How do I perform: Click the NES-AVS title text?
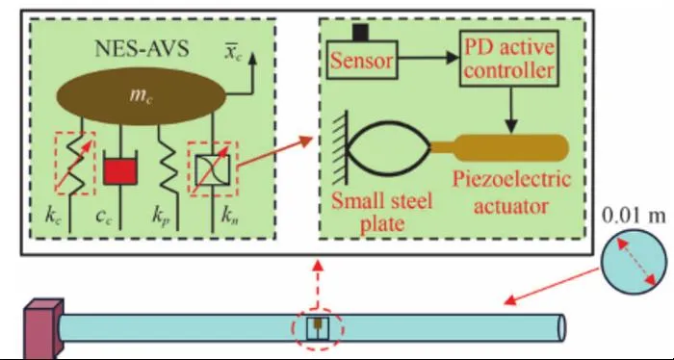pyautogui.click(x=142, y=48)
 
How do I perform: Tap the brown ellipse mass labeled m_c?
pyautogui.click(x=141, y=96)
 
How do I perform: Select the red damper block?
pyautogui.click(x=120, y=170)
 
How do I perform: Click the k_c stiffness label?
pyautogui.click(x=53, y=216)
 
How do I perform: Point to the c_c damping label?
pyautogui.click(x=104, y=217)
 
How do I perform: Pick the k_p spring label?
pyautogui.click(x=161, y=217)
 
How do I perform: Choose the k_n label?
pyautogui.click(x=230, y=216)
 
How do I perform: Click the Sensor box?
pyautogui.click(x=362, y=60)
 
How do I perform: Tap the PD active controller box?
pyautogui.click(x=509, y=59)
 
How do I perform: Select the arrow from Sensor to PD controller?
pyautogui.click(x=428, y=58)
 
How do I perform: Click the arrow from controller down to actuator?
pyautogui.click(x=510, y=110)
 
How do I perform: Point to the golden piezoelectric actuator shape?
pyautogui.click(x=500, y=148)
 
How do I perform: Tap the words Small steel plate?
pyautogui.click(x=381, y=212)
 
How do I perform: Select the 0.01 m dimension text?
pyautogui.click(x=634, y=216)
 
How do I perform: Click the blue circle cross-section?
pyautogui.click(x=634, y=262)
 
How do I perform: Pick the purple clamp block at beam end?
pyautogui.click(x=43, y=328)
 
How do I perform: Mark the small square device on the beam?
pyautogui.click(x=318, y=328)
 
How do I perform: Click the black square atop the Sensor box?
pyautogui.click(x=360, y=33)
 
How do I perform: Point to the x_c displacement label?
pyautogui.click(x=233, y=53)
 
